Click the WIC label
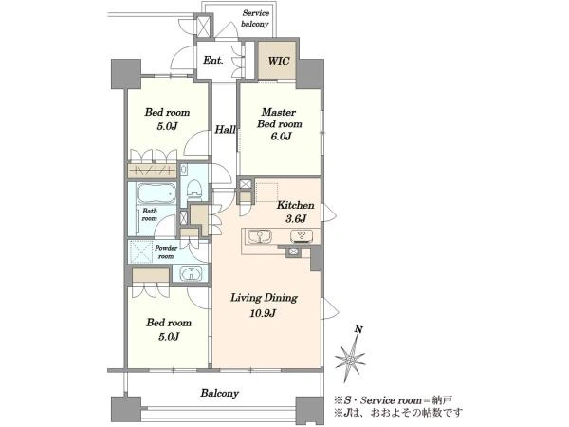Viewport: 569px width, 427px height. point(278,61)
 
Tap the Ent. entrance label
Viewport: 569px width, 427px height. point(213,61)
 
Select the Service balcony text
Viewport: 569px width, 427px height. point(255,19)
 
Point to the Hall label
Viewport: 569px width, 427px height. point(225,129)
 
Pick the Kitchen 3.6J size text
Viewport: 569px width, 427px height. point(296,218)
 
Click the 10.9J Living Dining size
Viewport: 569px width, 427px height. point(263,313)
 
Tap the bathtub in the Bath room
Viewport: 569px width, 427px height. point(156,194)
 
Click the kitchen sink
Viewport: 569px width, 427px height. point(260,237)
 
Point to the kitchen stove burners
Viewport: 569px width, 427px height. point(302,236)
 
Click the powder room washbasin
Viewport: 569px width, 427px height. point(191,274)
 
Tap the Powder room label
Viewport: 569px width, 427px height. point(166,252)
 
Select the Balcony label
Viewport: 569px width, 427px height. point(220,393)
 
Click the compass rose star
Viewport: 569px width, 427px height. point(350,359)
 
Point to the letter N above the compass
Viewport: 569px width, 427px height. point(358,329)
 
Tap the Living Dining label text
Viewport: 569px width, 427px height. point(265,298)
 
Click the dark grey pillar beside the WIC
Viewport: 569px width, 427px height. point(310,74)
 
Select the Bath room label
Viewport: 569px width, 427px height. point(150,214)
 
